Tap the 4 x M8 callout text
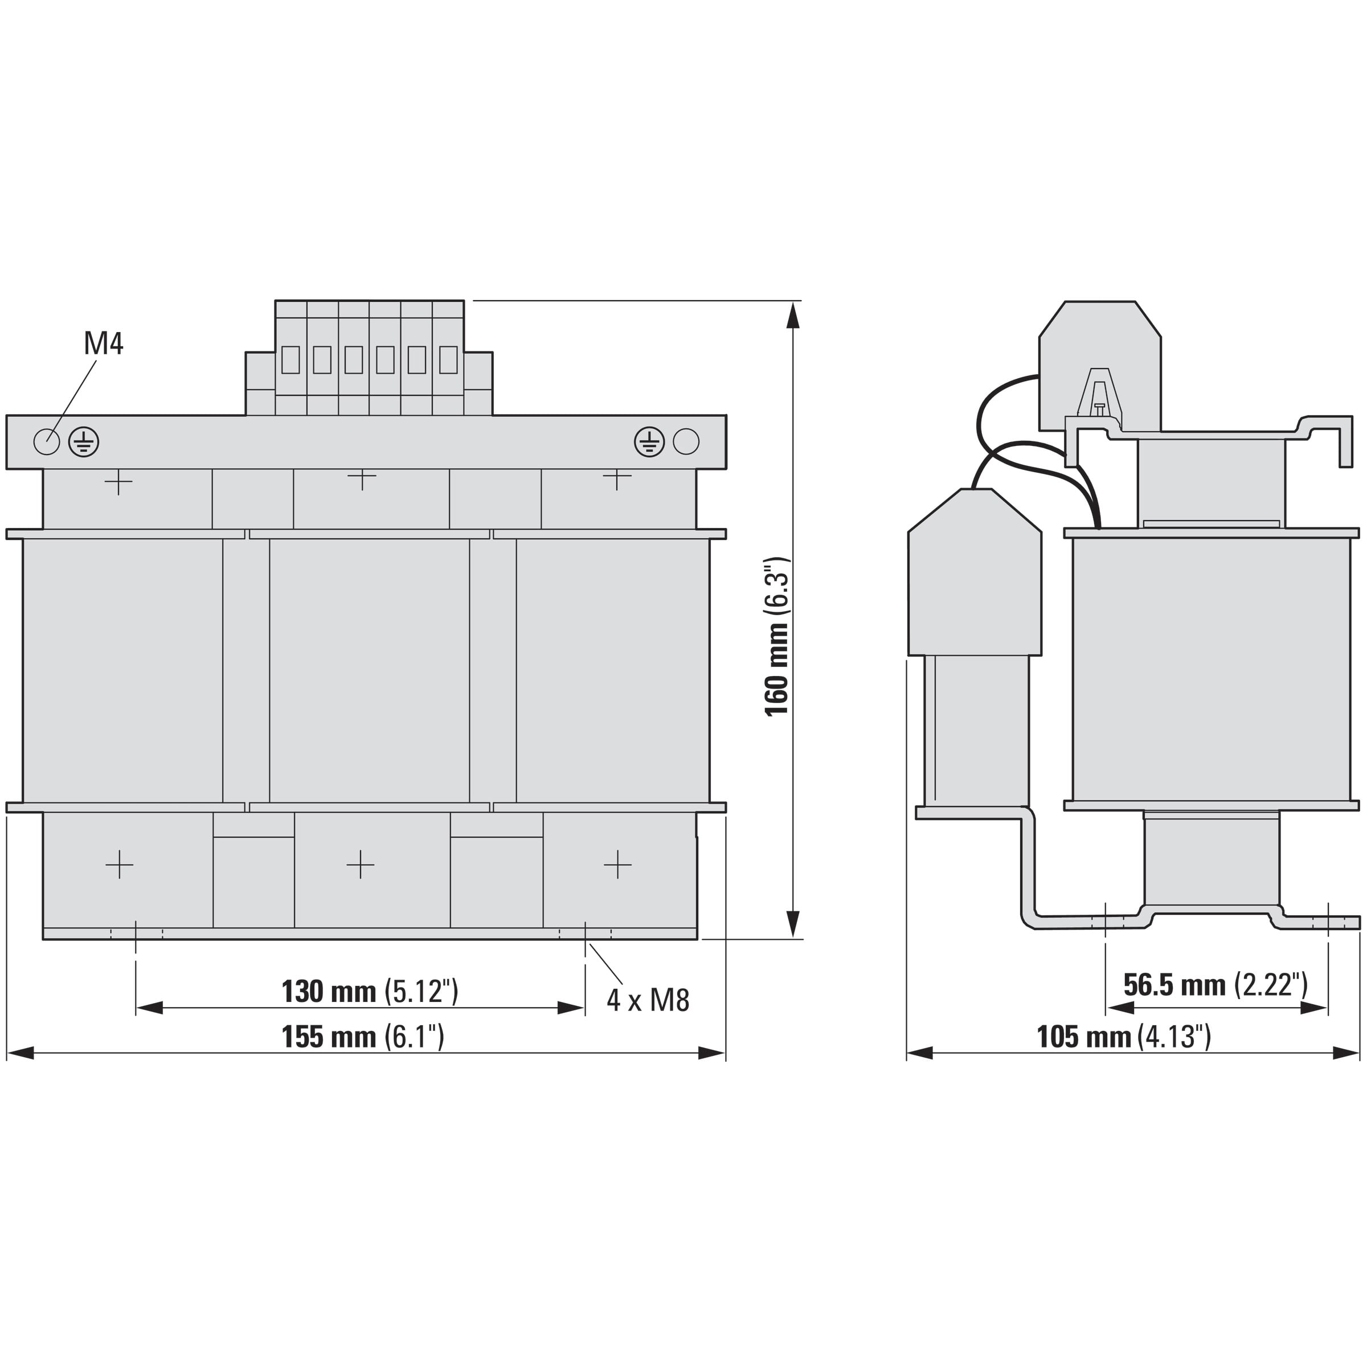[648, 1000]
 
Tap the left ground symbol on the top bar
[84, 442]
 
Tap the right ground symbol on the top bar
[649, 441]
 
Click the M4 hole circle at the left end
[47, 442]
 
